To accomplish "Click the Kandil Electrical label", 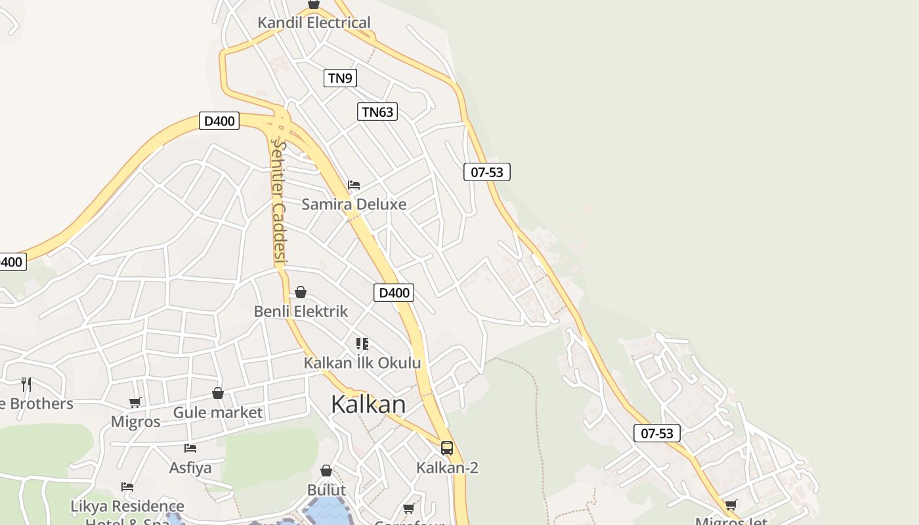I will pos(314,22).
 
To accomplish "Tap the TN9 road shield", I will pos(340,78).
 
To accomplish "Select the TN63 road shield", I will pos(377,112).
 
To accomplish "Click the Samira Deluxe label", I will pos(354,204).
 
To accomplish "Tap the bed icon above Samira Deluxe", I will pos(354,185).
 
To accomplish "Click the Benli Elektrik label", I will pos(301,311).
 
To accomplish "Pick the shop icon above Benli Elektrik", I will pos(301,292).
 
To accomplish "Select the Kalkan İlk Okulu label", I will pos(362,363).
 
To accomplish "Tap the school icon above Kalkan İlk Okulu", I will pos(362,344).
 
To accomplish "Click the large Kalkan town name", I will pos(368,404).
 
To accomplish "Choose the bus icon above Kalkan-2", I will pos(447,448).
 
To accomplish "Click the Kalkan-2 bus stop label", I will pos(447,468).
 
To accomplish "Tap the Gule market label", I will pos(217,413).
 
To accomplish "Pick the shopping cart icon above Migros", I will pos(135,402).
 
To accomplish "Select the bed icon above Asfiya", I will pos(190,448).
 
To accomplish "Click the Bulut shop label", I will pos(326,490).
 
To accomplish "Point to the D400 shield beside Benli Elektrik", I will pos(394,293).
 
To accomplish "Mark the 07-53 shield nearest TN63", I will pos(487,172).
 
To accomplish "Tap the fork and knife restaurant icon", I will pos(26,384).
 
